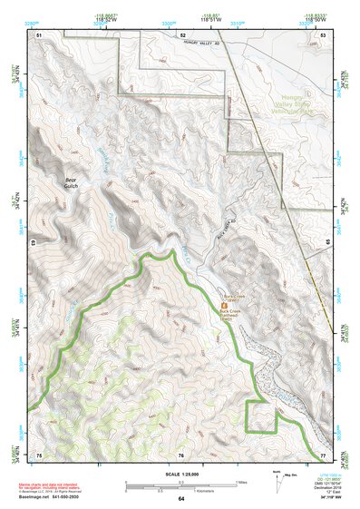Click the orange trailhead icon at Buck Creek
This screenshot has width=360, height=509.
(225, 308)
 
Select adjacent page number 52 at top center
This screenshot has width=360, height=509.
(181, 34)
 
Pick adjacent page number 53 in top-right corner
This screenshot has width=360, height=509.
(323, 34)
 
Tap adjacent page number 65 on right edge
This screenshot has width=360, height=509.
(327, 243)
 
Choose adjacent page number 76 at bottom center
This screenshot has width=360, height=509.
(181, 454)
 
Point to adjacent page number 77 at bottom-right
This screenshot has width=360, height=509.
(323, 454)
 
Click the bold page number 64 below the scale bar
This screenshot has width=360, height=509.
(181, 498)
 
